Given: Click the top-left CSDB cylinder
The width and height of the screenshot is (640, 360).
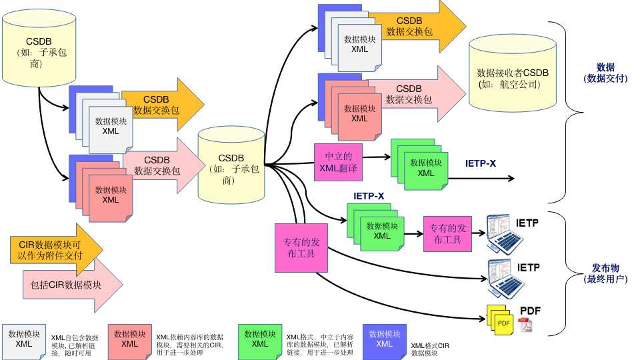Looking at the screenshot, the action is coord(39,48).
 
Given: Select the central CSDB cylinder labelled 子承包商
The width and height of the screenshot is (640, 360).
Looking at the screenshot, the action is coord(231,165).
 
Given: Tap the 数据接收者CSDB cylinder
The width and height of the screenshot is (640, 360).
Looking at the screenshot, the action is coord(513,73).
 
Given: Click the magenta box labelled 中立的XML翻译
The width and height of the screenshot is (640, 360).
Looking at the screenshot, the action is coord(339,162).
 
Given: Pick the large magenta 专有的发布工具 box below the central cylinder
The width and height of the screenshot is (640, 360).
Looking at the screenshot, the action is coord(301,248).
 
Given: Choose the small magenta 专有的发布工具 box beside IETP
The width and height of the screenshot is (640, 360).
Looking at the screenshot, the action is coord(447,234).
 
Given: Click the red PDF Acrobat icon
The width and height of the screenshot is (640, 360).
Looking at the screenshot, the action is coord(525,325).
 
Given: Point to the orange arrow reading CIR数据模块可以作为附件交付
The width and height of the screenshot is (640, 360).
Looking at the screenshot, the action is coord(57,250).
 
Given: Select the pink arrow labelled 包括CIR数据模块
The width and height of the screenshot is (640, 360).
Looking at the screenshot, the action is coord(73,285).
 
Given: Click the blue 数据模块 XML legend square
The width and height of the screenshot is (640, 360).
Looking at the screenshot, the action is coord(385,342).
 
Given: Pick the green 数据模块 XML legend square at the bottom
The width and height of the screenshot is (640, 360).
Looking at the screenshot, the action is coord(260,342).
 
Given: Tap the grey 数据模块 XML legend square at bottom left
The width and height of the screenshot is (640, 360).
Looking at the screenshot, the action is coord(24,342).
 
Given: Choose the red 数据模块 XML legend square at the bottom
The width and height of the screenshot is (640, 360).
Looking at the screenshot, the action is coord(130,342).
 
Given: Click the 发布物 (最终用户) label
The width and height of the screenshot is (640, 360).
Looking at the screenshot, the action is coord(605,273).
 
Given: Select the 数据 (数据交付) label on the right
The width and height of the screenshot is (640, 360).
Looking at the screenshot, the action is coord(605,73).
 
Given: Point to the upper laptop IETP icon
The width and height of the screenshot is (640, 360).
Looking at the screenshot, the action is coord(505,234).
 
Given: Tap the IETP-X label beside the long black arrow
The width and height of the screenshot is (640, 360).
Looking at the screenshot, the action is coord(481,163).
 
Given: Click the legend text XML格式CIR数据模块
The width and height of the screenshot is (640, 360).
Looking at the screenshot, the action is coord(430,349).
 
